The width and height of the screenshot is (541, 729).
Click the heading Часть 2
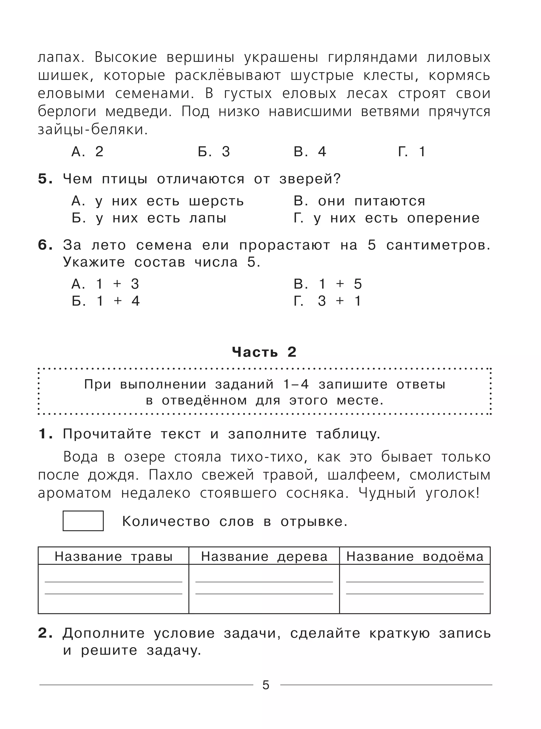(x=264, y=352)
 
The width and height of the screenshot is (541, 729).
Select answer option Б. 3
(x=214, y=152)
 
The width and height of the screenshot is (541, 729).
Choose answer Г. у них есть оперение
(x=386, y=218)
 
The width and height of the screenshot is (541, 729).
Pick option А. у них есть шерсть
(x=157, y=201)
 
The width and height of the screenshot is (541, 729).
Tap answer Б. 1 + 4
(x=106, y=301)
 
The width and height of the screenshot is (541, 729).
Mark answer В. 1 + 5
(x=328, y=284)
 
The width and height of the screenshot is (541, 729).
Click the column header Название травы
(x=113, y=557)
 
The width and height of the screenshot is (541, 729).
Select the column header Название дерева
(x=264, y=557)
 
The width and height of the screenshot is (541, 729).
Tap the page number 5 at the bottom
(x=265, y=685)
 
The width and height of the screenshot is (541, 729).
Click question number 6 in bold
(x=45, y=245)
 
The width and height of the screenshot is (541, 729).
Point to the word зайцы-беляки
(x=93, y=130)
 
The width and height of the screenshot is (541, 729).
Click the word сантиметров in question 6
(x=438, y=245)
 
